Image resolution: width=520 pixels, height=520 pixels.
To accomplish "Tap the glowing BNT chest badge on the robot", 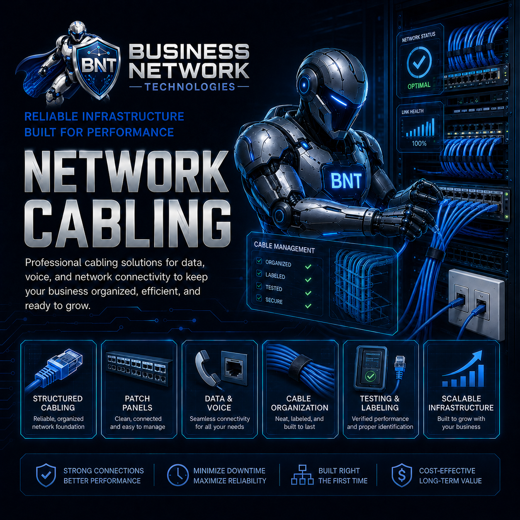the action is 346,181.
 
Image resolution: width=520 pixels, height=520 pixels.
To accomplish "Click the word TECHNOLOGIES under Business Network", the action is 190,87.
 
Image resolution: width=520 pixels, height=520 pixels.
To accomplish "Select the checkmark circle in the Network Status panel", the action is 419,63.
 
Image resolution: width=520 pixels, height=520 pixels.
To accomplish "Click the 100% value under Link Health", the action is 419,143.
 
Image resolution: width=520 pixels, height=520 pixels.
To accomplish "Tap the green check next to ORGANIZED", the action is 308,267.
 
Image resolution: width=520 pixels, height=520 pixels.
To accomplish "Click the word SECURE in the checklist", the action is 274,301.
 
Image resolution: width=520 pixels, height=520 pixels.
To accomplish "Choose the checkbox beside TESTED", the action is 259,285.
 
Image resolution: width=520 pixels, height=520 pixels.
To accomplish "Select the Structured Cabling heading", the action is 58,403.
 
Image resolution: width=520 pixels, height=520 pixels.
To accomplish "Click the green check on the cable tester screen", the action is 370,376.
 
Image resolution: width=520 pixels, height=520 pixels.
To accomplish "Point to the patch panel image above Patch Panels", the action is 139,367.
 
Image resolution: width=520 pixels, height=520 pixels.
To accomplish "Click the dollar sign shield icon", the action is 402,476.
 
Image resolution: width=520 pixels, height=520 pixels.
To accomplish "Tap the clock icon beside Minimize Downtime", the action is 177,476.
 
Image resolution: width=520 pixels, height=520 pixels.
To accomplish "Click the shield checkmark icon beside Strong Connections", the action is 46,476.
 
